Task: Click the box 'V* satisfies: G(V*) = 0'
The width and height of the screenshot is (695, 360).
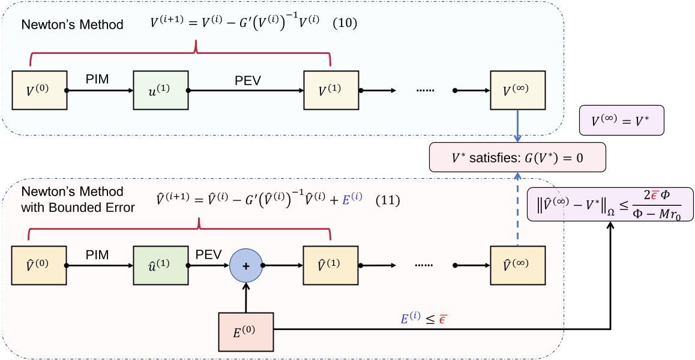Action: pyautogui.click(x=517, y=158)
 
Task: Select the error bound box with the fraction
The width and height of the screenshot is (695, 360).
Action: pyautogui.click(x=611, y=205)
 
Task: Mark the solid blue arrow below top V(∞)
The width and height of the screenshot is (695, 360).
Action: pyautogui.click(x=517, y=125)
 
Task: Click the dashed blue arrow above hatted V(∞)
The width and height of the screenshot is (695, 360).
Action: pyautogui.click(x=517, y=209)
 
